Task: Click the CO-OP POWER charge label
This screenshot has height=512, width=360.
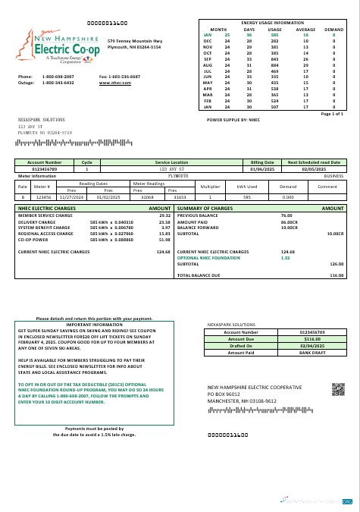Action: pos(34,239)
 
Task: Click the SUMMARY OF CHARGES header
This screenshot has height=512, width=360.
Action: pos(205,208)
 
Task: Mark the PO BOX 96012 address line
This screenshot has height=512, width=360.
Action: pos(229,394)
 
